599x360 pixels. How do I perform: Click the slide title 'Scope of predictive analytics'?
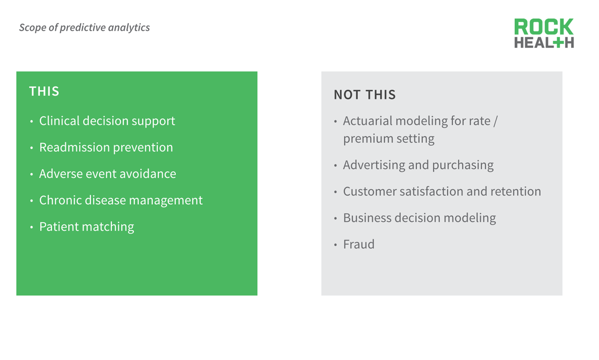click(84, 27)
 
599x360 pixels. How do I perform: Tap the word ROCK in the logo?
click(544, 26)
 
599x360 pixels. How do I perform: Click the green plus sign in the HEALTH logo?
click(558, 43)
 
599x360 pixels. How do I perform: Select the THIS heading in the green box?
click(44, 91)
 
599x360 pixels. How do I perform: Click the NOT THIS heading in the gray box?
click(365, 95)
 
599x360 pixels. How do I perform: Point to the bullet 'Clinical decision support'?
click(107, 121)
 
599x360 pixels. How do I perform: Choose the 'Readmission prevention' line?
click(106, 147)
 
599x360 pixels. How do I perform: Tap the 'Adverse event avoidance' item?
click(107, 174)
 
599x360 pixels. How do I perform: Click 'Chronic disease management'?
click(121, 200)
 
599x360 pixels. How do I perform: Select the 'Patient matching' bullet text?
click(87, 227)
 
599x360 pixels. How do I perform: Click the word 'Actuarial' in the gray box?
click(368, 121)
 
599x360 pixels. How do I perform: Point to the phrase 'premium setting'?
click(389, 139)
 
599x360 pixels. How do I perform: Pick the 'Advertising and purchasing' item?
click(418, 165)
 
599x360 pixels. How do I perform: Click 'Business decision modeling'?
click(419, 218)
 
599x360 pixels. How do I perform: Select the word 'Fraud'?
click(358, 244)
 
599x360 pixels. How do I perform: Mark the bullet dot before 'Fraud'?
click(335, 245)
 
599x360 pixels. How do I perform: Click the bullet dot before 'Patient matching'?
click(31, 227)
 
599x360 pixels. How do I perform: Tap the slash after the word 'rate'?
click(495, 121)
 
